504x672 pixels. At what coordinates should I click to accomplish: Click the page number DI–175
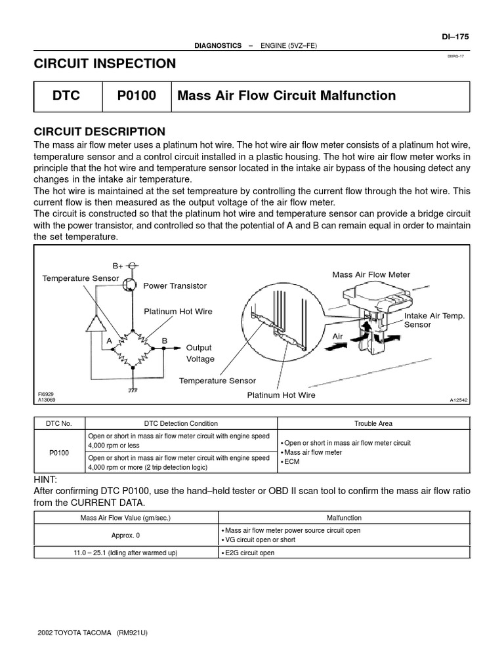(457, 37)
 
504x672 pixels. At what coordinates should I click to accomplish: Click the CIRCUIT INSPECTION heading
(104, 64)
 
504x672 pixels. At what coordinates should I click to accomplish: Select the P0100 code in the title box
(136, 96)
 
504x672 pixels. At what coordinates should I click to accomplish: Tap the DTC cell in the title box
(66, 96)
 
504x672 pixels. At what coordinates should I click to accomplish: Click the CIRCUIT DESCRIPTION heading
(99, 131)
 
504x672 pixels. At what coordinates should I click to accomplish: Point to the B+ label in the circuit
(118, 266)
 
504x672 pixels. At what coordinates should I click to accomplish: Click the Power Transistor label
(175, 286)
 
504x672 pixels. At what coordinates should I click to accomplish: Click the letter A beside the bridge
(110, 341)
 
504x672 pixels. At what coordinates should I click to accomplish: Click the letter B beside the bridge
(165, 341)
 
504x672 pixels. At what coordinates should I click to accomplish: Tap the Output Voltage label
(200, 353)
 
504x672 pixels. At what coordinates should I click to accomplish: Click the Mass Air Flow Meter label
(371, 275)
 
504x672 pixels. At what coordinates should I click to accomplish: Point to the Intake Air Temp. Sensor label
(434, 320)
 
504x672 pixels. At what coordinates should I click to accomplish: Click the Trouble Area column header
(373, 424)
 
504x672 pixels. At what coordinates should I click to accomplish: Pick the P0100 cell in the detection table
(59, 452)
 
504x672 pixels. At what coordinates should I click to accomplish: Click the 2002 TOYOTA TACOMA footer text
(93, 633)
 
